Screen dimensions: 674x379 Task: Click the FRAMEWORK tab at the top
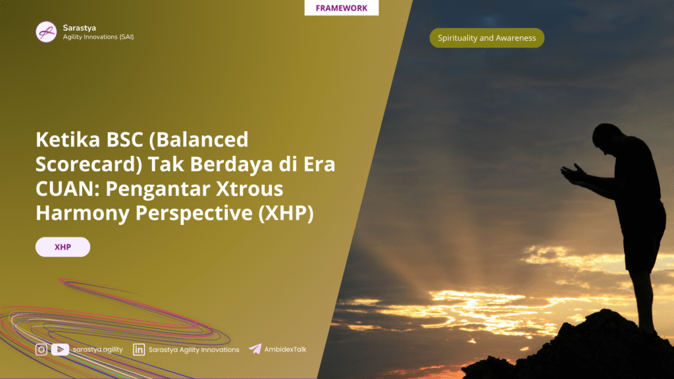(342, 8)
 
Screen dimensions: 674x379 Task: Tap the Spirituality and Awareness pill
(486, 38)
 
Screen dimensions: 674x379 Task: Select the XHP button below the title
(63, 247)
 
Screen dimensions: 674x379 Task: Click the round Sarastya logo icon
(46, 32)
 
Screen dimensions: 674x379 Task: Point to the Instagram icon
(41, 350)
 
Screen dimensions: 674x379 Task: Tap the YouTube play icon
(60, 350)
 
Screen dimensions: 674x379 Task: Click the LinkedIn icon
(139, 350)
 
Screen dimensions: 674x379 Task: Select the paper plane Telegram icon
(255, 349)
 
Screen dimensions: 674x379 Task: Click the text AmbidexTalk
(285, 349)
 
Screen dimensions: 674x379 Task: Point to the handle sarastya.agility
(97, 350)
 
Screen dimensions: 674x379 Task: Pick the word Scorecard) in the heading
(89, 164)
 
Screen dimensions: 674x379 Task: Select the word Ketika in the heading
(68, 139)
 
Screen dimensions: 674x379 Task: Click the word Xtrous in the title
(249, 188)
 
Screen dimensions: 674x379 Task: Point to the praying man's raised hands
(574, 174)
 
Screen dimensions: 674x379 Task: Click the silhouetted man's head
(607, 138)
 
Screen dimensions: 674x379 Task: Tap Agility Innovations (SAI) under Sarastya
(98, 37)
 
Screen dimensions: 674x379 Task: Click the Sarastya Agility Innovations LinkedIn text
(194, 350)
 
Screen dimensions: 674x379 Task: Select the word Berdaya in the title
(231, 164)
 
